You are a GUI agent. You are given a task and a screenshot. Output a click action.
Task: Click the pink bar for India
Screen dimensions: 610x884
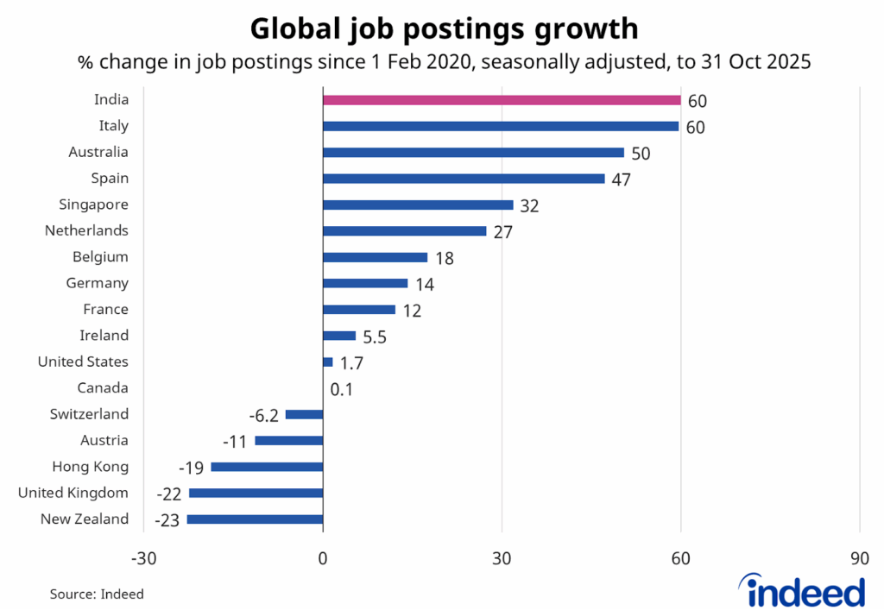click(501, 100)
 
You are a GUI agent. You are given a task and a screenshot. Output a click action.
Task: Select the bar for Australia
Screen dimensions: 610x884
click(473, 153)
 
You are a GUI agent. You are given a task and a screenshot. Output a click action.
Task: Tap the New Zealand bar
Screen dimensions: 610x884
click(255, 519)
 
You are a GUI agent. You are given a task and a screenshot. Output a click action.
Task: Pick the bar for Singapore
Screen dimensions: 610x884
click(418, 205)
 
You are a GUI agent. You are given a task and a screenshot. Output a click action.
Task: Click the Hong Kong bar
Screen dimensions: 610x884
click(267, 467)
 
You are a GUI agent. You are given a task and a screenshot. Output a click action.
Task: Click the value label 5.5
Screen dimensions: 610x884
click(375, 336)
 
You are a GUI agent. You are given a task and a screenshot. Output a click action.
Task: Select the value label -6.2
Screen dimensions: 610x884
click(263, 415)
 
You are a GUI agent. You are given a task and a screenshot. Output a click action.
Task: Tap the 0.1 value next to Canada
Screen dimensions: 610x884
click(342, 389)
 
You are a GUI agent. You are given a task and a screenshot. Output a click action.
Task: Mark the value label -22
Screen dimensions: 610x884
click(168, 494)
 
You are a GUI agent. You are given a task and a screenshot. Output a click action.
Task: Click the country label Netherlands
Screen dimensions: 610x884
click(86, 231)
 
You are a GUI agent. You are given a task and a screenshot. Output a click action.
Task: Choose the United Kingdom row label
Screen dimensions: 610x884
click(73, 494)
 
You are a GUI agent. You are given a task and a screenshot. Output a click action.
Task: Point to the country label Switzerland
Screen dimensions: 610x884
click(89, 415)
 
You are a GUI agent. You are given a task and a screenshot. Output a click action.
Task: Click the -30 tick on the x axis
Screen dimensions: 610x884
click(143, 559)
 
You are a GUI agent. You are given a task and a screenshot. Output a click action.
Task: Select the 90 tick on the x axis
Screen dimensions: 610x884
click(859, 559)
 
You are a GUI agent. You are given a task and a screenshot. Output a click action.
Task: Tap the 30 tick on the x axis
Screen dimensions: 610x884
click(502, 559)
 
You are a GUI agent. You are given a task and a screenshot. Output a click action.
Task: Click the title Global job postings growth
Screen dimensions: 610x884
click(444, 28)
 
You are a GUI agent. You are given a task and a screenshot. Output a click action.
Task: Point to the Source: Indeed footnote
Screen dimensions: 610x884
click(97, 594)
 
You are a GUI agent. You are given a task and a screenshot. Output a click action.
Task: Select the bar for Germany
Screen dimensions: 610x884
click(365, 284)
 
